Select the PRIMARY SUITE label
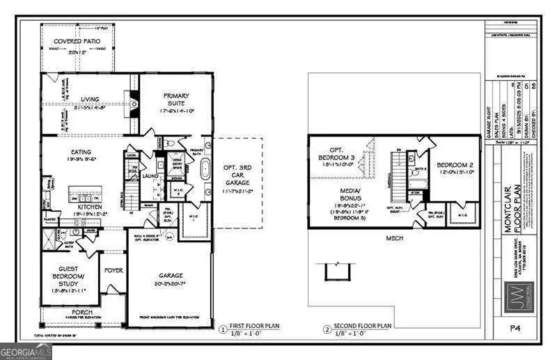tap(177, 100)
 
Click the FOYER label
tap(113, 270)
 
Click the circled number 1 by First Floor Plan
tap(223, 329)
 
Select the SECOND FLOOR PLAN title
tap(363, 326)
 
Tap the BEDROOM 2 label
tap(455, 165)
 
